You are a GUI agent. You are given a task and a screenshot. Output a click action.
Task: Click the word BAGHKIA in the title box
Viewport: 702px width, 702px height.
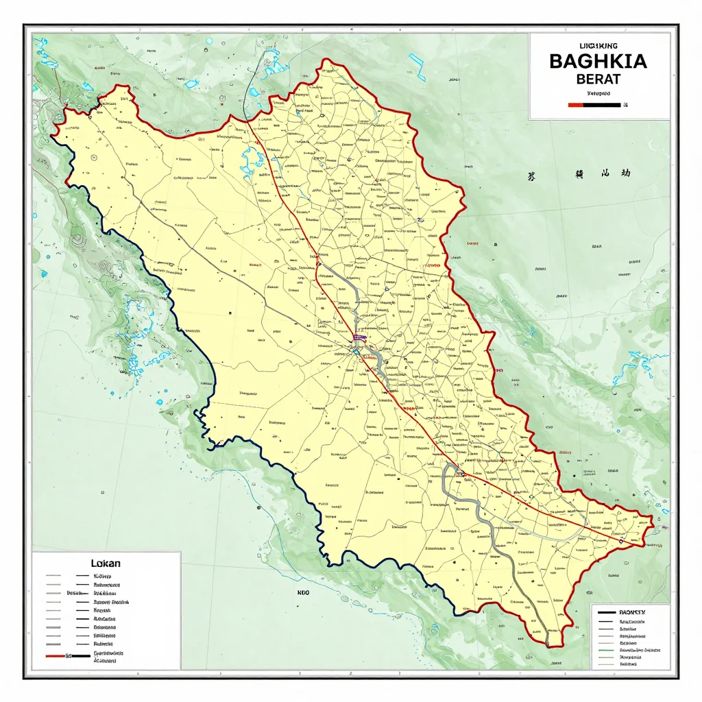click(598, 61)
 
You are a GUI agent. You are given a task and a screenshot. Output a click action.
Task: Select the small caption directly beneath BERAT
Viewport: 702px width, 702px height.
click(598, 92)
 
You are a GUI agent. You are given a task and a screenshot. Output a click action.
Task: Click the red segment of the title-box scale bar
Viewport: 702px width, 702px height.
click(576, 105)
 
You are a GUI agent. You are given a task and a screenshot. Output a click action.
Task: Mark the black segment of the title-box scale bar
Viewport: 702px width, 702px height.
click(602, 105)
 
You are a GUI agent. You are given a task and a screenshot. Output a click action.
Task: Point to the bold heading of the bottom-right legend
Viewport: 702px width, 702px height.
click(632, 611)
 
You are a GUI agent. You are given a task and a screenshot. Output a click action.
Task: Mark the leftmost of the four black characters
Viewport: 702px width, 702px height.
click(531, 175)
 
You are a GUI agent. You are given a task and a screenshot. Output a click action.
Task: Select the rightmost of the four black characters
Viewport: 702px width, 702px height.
click(625, 174)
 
